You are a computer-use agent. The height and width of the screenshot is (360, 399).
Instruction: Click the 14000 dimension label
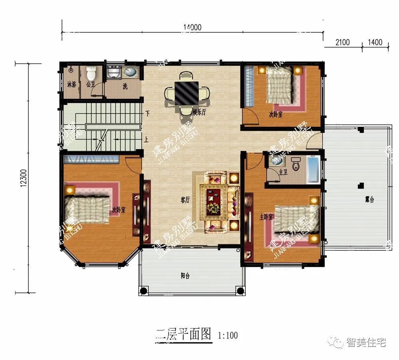192,28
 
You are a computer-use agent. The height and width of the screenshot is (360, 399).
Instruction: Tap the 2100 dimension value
343,42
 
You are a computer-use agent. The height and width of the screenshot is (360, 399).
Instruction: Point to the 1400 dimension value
375,42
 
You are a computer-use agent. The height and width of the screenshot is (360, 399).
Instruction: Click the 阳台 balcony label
185,275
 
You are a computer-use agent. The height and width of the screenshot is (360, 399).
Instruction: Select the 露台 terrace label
369,200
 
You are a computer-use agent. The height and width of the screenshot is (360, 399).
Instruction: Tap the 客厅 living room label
184,200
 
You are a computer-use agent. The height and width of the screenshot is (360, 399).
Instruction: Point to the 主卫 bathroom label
283,172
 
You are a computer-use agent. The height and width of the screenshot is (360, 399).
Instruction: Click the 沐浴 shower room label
72,85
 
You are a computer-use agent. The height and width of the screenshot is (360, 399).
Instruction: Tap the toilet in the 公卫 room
91,74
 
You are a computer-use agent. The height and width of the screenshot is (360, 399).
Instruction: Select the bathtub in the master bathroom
314,170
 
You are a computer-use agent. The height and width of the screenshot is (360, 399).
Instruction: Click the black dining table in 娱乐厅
186,93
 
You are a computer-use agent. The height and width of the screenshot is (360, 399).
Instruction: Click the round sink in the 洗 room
130,73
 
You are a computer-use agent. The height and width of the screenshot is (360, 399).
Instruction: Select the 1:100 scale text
228,335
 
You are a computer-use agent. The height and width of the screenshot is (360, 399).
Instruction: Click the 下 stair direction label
147,114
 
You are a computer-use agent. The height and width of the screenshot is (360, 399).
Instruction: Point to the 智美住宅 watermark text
366,342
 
